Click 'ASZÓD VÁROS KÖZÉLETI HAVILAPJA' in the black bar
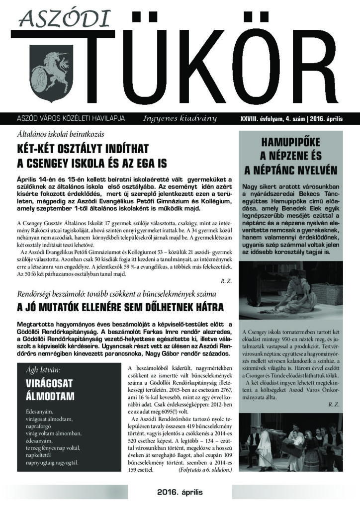[71, 119]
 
